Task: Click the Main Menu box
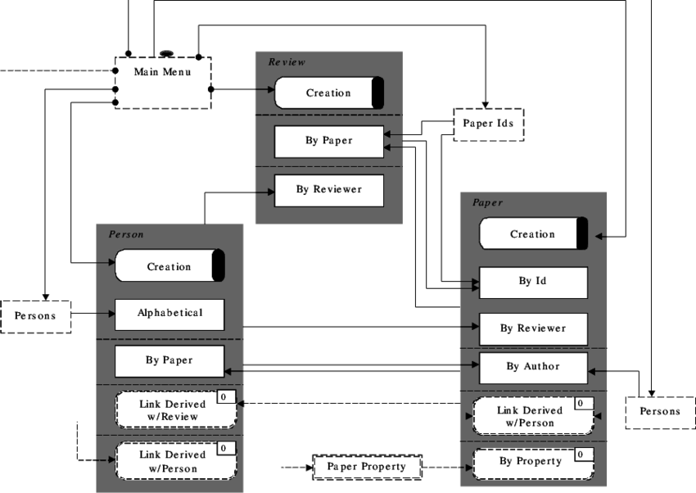pos(162,82)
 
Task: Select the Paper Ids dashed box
pos(488,124)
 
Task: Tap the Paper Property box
pos(366,467)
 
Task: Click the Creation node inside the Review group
pos(328,93)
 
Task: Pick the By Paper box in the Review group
pos(328,141)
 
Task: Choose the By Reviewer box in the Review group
pos(328,190)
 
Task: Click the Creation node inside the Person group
pos(169,266)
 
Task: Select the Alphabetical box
pos(169,314)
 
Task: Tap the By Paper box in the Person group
pos(169,360)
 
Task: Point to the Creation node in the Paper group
pos(532,234)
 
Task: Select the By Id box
pos(532,282)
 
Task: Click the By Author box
pos(532,367)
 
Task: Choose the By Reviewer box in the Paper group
pos(532,328)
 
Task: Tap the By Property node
pos(531,462)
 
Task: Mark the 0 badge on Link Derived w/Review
pos(225,397)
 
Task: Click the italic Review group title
pos(287,62)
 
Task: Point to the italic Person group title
pos(126,235)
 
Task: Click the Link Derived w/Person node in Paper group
pos(531,417)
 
